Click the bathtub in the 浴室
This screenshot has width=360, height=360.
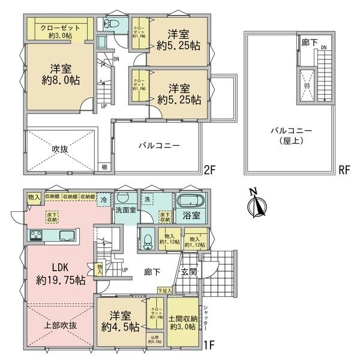coord(191,202)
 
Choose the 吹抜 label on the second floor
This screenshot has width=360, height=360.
coord(60,148)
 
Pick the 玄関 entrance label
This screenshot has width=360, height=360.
coord(190,271)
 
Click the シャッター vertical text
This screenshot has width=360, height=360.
coord(206,315)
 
